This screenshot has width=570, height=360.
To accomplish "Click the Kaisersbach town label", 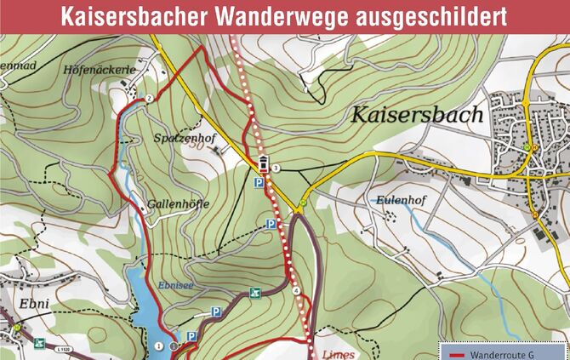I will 414,115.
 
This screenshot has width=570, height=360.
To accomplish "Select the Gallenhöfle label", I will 176,205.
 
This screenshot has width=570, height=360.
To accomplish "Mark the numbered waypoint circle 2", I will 149,99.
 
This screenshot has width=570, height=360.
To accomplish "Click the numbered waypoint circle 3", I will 276,168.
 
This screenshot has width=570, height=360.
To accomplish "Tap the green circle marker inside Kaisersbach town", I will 527,146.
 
